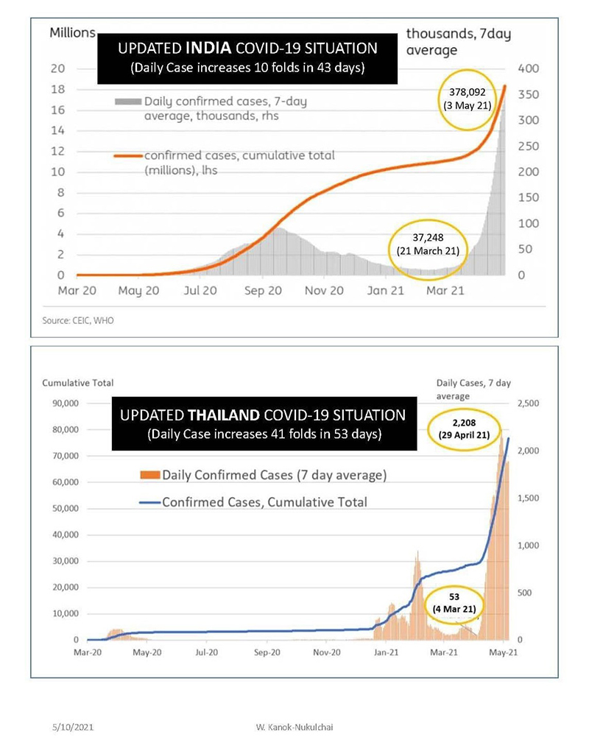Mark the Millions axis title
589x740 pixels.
[x=72, y=33]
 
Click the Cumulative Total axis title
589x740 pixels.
[x=77, y=383]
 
